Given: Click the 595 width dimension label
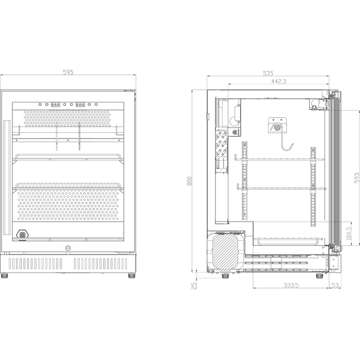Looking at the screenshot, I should tap(68, 73).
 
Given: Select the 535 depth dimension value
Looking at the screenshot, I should tap(268, 73).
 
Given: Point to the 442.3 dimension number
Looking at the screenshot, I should tap(278, 81).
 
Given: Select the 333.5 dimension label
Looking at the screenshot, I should tap(291, 284).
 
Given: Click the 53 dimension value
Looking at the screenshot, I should tap(335, 284).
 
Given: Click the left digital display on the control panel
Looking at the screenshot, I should tap(56, 104).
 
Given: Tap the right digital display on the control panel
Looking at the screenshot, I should tap(80, 104).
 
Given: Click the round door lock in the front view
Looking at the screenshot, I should tap(68, 248).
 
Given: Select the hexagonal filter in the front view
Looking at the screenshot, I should tap(23, 234).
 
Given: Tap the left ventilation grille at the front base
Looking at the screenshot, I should tap(37, 264).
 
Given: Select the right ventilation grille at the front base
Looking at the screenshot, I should tap(101, 264).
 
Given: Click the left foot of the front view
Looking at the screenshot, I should tap(6, 275).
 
